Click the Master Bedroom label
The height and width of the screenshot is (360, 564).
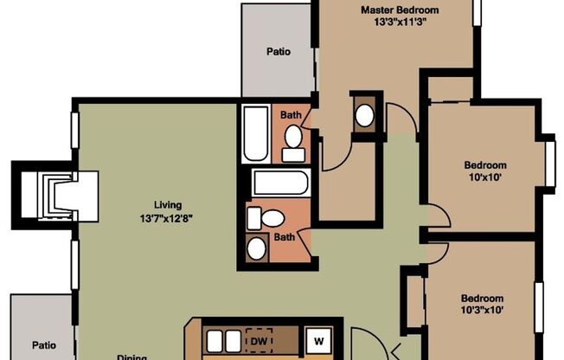click(400, 10)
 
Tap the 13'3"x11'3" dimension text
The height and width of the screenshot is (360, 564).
click(400, 23)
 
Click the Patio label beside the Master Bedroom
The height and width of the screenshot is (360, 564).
click(278, 52)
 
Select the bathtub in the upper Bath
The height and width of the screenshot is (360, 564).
click(256, 134)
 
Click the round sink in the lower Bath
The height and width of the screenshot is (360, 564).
click(257, 248)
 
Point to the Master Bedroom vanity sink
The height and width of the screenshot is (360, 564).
click(365, 115)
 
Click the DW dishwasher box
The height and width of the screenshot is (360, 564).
click(259, 341)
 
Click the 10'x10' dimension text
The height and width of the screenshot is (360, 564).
click(485, 178)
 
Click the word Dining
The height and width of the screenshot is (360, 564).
click(132, 355)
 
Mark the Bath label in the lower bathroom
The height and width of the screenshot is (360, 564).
click(284, 236)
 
